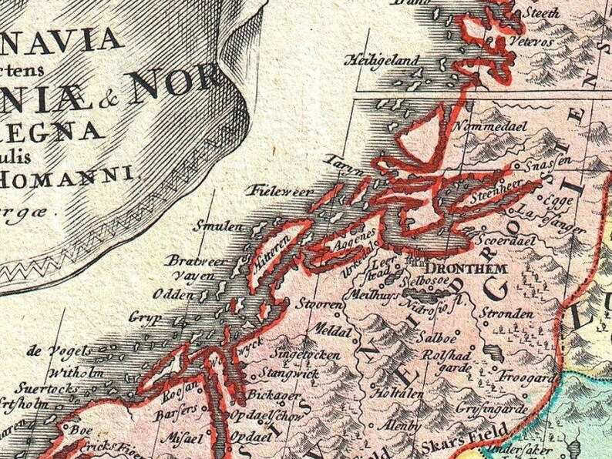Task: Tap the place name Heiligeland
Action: click(383, 59)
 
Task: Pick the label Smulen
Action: click(217, 228)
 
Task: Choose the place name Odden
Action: click(170, 294)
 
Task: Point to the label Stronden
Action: click(506, 315)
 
